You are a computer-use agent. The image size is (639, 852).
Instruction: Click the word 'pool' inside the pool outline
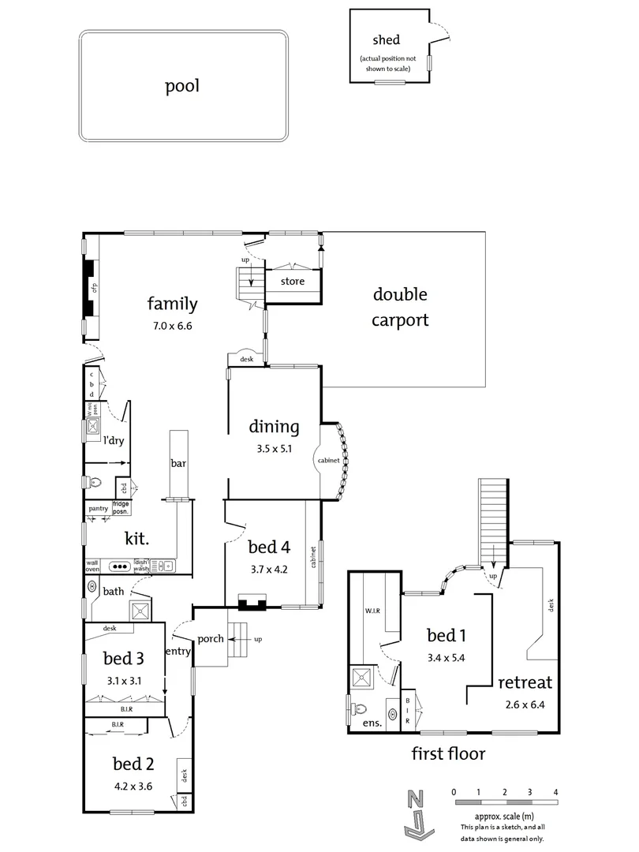(x=181, y=86)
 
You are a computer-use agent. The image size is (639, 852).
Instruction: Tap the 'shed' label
(x=386, y=39)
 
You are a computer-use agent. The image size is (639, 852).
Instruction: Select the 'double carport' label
(x=400, y=307)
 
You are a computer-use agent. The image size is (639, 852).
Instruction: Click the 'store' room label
(x=282, y=280)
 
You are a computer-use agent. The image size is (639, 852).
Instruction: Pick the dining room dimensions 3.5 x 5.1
(x=274, y=449)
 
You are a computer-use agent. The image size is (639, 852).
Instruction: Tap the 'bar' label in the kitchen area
(x=178, y=464)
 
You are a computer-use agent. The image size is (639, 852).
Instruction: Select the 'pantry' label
(x=99, y=509)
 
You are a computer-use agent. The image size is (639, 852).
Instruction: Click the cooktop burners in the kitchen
(x=120, y=566)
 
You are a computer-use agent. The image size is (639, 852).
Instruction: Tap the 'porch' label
(x=211, y=639)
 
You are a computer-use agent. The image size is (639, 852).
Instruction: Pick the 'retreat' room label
(x=524, y=682)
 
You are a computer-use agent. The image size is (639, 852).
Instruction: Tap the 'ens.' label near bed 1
(x=372, y=723)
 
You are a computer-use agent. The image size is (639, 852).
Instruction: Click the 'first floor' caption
(x=448, y=753)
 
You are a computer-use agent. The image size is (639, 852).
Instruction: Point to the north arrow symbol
(x=415, y=813)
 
